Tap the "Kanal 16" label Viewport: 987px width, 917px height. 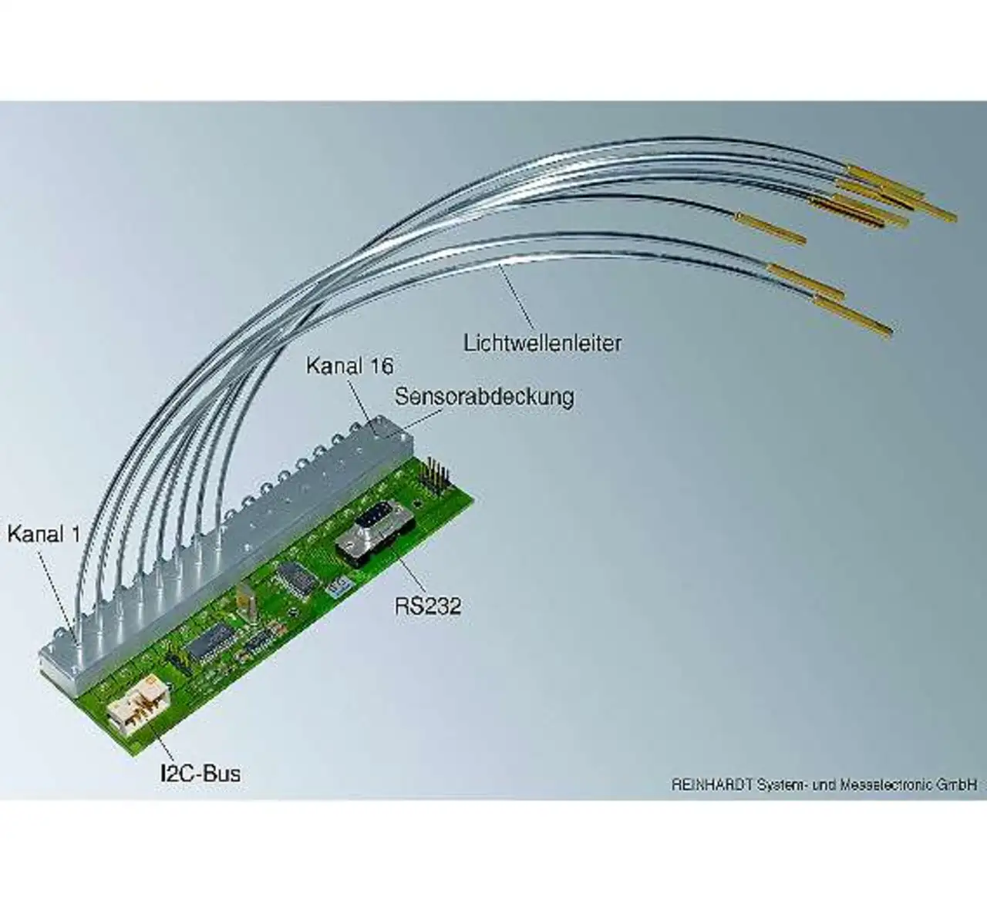(349, 364)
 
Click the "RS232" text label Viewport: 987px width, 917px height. (427, 606)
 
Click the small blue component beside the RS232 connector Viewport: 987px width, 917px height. (335, 588)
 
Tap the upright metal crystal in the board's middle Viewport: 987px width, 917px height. (245, 601)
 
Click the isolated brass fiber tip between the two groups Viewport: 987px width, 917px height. (771, 227)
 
